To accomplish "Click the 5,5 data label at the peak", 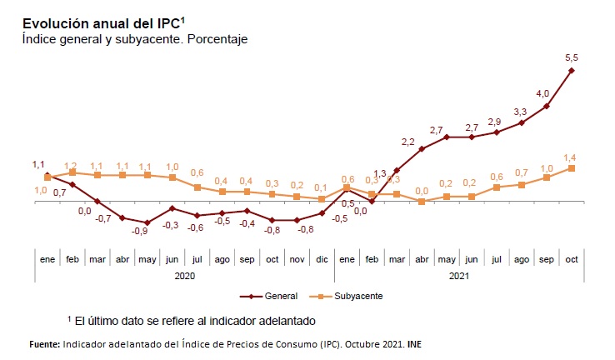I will click(572, 57).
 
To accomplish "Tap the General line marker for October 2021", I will click(572, 71).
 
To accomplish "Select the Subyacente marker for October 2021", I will click(572, 167).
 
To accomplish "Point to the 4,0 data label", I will click(542, 93).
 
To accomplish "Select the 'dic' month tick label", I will click(322, 260).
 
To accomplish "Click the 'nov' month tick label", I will click(297, 260).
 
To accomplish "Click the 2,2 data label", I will click(407, 141).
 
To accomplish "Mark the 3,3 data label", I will click(520, 112).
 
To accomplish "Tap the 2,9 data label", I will click(495, 122).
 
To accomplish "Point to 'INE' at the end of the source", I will click(414, 344).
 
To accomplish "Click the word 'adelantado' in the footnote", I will click(272, 320).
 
